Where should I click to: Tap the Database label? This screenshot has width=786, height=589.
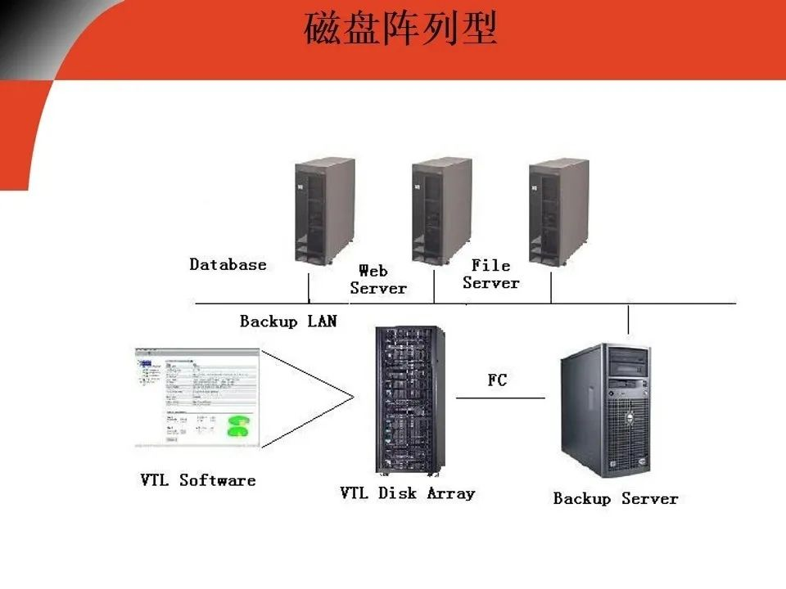[228, 264]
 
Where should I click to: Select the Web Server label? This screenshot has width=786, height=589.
[377, 279]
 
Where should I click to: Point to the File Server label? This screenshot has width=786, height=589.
[490, 274]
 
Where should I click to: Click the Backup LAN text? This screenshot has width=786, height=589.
[287, 321]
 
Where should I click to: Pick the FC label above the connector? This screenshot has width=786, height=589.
[497, 380]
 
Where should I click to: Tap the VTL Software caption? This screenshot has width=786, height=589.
[197, 480]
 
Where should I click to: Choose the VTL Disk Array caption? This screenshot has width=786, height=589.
[407, 493]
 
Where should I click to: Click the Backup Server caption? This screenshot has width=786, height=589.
[615, 498]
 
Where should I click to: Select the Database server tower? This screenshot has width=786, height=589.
[325, 210]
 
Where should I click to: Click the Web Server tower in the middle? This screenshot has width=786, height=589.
[441, 210]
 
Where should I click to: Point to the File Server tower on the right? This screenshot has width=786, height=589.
[558, 210]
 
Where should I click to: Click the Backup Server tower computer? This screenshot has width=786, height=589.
[606, 409]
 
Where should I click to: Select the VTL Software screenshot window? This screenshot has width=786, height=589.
[197, 398]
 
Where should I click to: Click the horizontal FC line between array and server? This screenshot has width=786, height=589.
[499, 398]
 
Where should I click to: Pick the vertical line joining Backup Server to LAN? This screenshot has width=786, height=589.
[628, 319]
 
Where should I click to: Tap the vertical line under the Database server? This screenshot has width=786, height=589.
[308, 289]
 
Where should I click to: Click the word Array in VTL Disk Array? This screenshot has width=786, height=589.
[450, 493]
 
